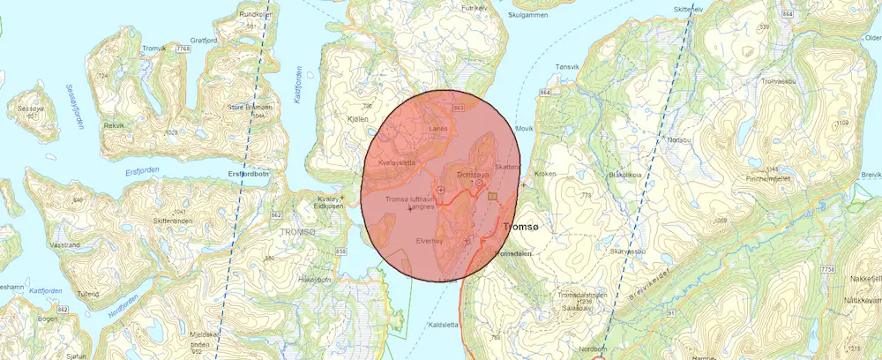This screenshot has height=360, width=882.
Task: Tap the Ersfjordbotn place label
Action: tap(247, 174)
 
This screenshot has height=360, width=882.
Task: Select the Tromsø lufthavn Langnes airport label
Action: tap(410, 204)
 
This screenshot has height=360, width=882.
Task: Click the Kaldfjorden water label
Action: tap(297, 85)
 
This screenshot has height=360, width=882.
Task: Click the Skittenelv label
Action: tap(689, 9)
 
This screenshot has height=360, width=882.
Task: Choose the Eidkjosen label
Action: tap(330, 206)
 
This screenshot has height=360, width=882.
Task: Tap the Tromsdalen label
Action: tap(515, 252)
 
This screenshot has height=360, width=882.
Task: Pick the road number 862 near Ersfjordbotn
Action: tap(276, 215)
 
